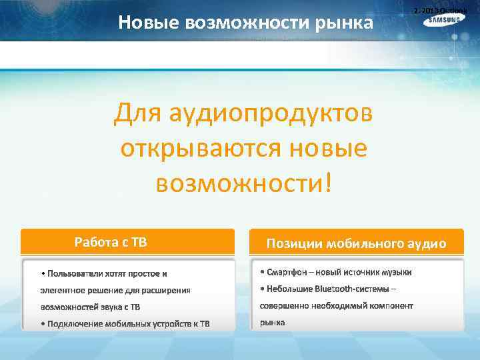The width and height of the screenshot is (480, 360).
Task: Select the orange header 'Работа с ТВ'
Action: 111,241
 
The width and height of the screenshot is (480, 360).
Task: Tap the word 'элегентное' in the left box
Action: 62,290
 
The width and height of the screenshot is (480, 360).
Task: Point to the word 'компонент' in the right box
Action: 390,305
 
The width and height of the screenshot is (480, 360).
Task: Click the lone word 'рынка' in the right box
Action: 272,322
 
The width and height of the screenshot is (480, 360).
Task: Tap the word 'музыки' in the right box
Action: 397,272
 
